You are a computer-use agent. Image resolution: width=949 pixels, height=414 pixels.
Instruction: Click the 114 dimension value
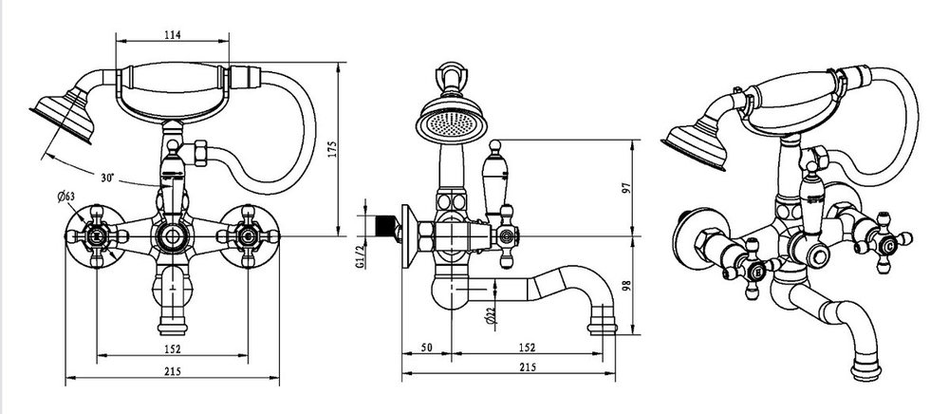(x=173, y=35)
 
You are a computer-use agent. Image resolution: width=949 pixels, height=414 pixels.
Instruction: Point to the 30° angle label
(x=108, y=178)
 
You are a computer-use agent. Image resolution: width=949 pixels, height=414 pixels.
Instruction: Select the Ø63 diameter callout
(x=66, y=197)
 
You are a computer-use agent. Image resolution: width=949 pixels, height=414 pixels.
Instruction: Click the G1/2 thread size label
(x=360, y=256)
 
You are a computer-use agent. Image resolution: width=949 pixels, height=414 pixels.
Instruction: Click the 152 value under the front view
(x=173, y=348)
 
